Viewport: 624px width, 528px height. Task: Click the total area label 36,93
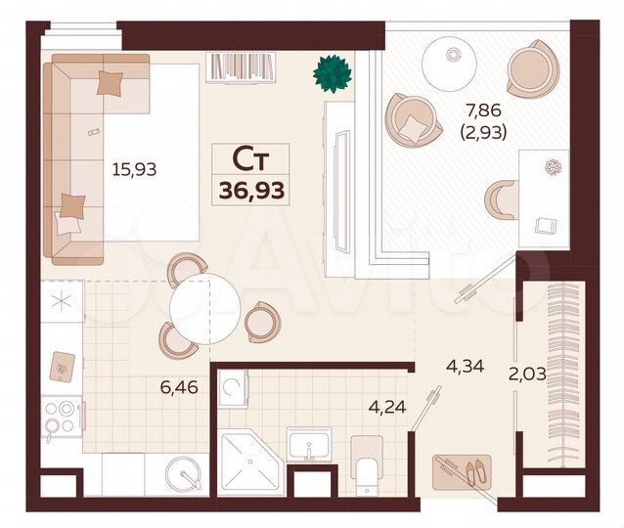pos(251,189)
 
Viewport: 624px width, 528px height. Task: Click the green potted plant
pos(332,72)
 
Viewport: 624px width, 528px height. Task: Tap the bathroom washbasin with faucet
pos(308,446)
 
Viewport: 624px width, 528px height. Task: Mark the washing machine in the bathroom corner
pos(233,388)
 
